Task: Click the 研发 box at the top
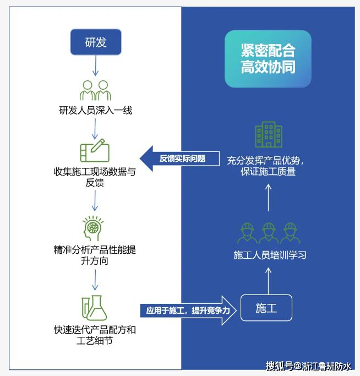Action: point(96,42)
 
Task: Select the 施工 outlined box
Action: point(266,308)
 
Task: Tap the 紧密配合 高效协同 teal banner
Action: point(268,59)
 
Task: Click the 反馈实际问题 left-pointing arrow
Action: point(179,159)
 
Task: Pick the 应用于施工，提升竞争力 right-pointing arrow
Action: point(188,310)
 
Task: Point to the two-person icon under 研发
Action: point(95,90)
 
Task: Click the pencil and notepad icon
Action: point(95,150)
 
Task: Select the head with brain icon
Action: point(92,228)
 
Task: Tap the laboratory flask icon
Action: point(94,308)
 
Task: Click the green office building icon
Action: point(269,134)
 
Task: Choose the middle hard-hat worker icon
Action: point(269,233)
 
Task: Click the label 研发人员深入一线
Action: point(96,111)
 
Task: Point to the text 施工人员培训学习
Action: point(270,255)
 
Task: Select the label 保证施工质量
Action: point(268,172)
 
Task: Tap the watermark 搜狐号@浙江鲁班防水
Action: point(308,366)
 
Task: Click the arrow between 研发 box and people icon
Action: point(96,66)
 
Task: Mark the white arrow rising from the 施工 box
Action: point(269,281)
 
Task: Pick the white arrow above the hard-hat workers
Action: point(269,198)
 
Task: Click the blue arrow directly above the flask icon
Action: point(95,280)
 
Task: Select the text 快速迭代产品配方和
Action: point(95,330)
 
